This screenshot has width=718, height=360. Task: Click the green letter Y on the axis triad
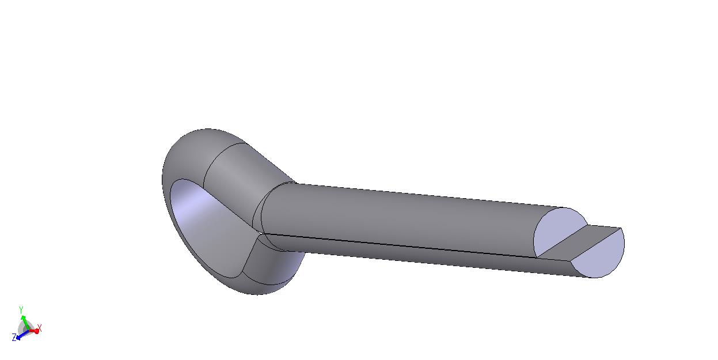point(21,310)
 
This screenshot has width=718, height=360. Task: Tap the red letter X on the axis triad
point(39,328)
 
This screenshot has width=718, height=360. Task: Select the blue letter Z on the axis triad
point(14,337)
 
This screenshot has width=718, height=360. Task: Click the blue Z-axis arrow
point(22,334)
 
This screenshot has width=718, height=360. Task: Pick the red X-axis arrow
point(33,331)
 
